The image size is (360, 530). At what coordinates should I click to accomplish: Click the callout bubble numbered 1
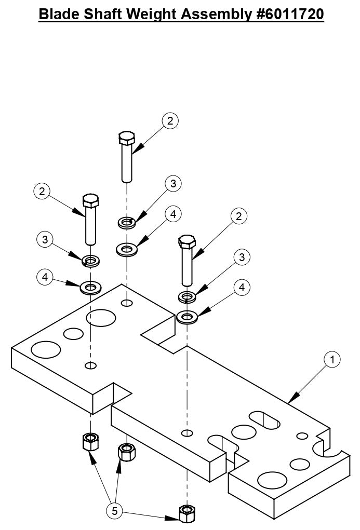tap(332, 359)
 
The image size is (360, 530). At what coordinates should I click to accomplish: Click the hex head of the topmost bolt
tap(127, 139)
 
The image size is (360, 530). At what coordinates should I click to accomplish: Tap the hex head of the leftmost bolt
tap(90, 200)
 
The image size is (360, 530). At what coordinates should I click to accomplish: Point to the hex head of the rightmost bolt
tap(186, 241)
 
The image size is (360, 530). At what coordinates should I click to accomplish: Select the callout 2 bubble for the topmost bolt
tap(170, 121)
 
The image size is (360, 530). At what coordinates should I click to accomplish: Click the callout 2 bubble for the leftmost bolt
tap(42, 191)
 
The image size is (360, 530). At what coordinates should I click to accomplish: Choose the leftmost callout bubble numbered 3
tap(45, 239)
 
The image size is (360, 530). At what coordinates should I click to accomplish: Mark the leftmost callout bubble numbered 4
tap(45, 277)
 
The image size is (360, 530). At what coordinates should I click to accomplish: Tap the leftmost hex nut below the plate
tap(91, 442)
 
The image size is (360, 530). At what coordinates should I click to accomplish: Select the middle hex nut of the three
tap(127, 452)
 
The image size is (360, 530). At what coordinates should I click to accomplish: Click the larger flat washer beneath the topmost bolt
tap(126, 250)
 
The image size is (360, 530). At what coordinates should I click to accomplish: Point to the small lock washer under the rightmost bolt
tap(186, 297)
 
